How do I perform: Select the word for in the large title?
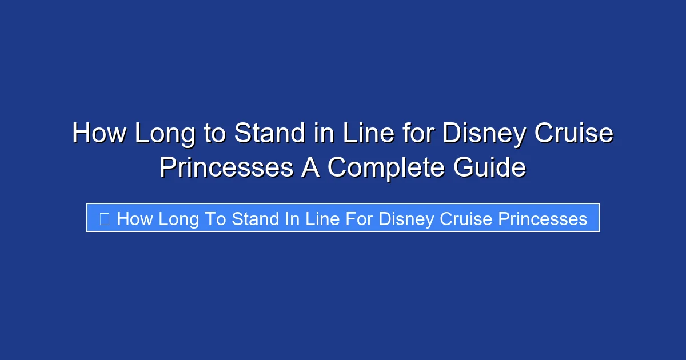coord(420,134)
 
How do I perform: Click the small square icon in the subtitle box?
coord(104,218)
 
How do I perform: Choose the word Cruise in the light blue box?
coord(467,219)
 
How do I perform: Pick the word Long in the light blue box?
coord(179,219)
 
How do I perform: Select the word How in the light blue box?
coord(134,219)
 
